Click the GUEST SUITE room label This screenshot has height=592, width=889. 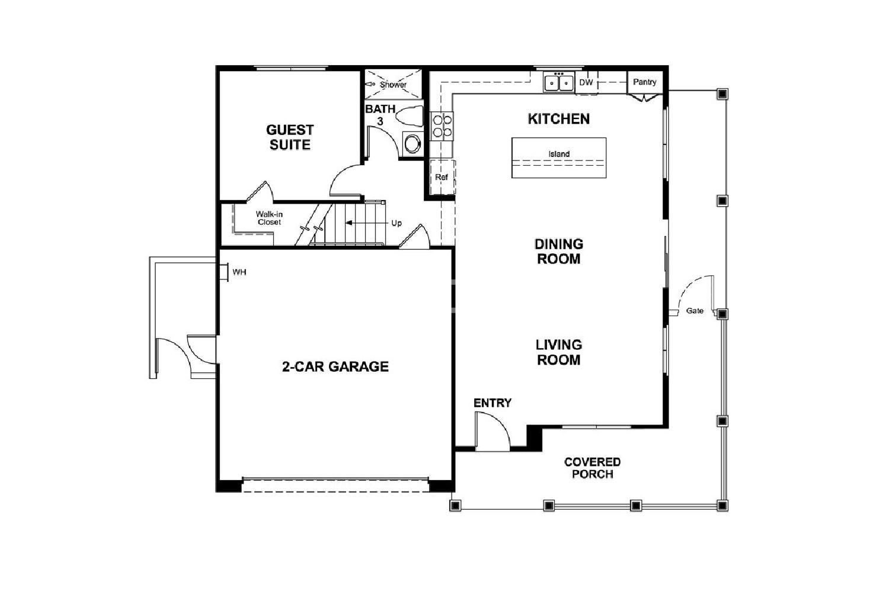pos(290,137)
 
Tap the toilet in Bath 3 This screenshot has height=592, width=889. pos(410,116)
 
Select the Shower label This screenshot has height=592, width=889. pos(393,85)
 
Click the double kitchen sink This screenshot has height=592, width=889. pos(559,82)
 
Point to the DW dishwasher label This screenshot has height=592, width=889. pos(586,82)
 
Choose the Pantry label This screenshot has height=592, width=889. pos(645,82)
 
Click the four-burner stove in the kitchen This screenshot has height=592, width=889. pos(442,126)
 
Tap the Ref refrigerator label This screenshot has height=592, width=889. pos(442,177)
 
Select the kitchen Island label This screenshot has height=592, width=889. pos(559,154)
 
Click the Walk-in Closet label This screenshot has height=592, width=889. pos(269,218)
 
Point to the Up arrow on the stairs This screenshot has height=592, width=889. pos(367,223)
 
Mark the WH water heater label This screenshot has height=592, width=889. pos(239,272)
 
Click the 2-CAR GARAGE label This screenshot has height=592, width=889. pos(335,366)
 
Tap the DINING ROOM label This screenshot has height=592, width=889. pos(559,252)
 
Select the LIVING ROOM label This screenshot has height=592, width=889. pos(559,352)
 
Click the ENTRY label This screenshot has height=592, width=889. pos(493,403)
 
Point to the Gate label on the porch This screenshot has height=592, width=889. pos(695,311)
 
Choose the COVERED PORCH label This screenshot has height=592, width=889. pos(593,468)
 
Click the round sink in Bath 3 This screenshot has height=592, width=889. pos(412,143)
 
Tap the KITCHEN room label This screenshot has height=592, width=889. pos(559,118)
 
